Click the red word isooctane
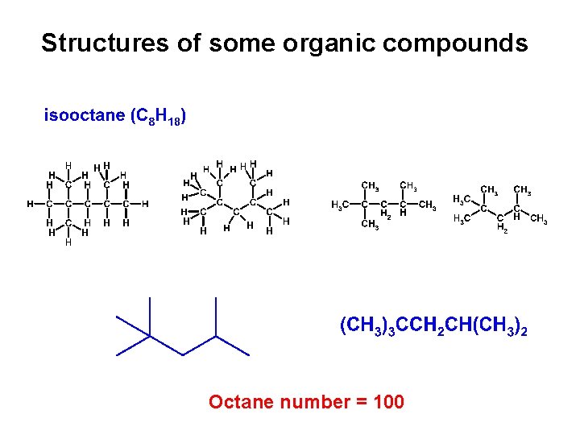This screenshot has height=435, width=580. (x=85, y=116)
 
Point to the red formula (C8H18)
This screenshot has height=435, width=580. (x=159, y=118)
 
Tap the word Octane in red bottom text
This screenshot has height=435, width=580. (x=235, y=401)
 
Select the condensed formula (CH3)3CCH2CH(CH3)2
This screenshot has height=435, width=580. (x=434, y=327)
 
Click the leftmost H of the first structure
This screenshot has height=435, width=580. (x=30, y=204)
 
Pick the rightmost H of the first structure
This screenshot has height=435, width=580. (x=145, y=204)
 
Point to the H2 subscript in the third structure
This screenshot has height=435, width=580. (x=386, y=216)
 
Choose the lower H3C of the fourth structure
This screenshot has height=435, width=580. (x=462, y=219)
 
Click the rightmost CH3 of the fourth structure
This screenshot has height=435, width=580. (x=538, y=219)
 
